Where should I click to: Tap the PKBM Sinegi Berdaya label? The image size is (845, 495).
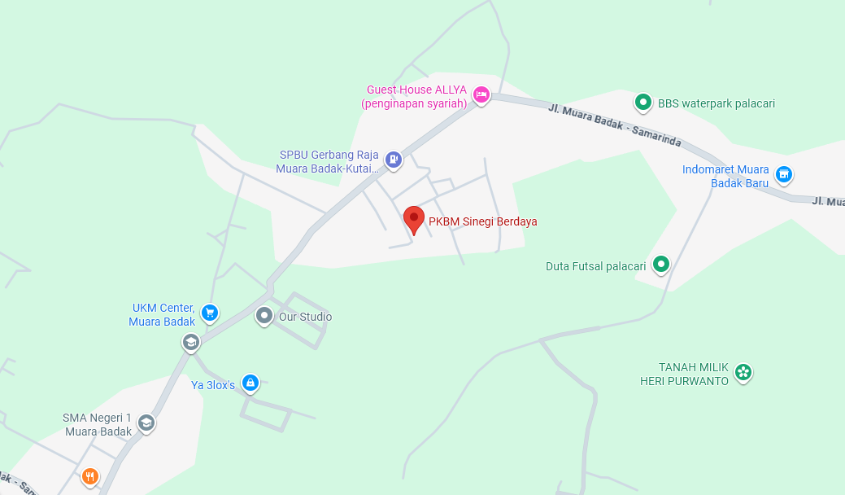coord(483,221)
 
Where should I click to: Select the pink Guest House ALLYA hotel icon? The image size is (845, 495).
coord(481,95)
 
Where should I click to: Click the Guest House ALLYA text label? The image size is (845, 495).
coord(416,97)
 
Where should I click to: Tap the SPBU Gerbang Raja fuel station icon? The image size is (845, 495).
coord(394,160)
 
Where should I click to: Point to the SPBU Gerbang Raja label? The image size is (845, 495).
coord(329,161)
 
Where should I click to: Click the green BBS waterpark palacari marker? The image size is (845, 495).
coord(643,103)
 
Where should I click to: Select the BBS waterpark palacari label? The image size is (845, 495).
coord(716,103)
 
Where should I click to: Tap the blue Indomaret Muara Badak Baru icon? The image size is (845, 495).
coord(783,173)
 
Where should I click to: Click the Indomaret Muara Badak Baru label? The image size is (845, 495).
coord(725,176)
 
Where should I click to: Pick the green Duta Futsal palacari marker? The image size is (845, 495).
coord(662,264)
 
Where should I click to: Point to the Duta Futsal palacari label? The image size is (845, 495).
coord(595,266)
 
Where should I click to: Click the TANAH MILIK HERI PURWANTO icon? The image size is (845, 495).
coord(743,372)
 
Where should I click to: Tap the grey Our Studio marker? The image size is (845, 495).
coord(264,315)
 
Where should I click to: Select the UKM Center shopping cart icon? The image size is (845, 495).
coord(210,312)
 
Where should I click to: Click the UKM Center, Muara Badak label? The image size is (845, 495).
coord(163,314)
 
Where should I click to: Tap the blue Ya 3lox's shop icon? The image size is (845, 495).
coord(250,382)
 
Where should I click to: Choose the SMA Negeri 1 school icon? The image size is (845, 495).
coord(146,423)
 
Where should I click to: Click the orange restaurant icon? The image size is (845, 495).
coord(90,476)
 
